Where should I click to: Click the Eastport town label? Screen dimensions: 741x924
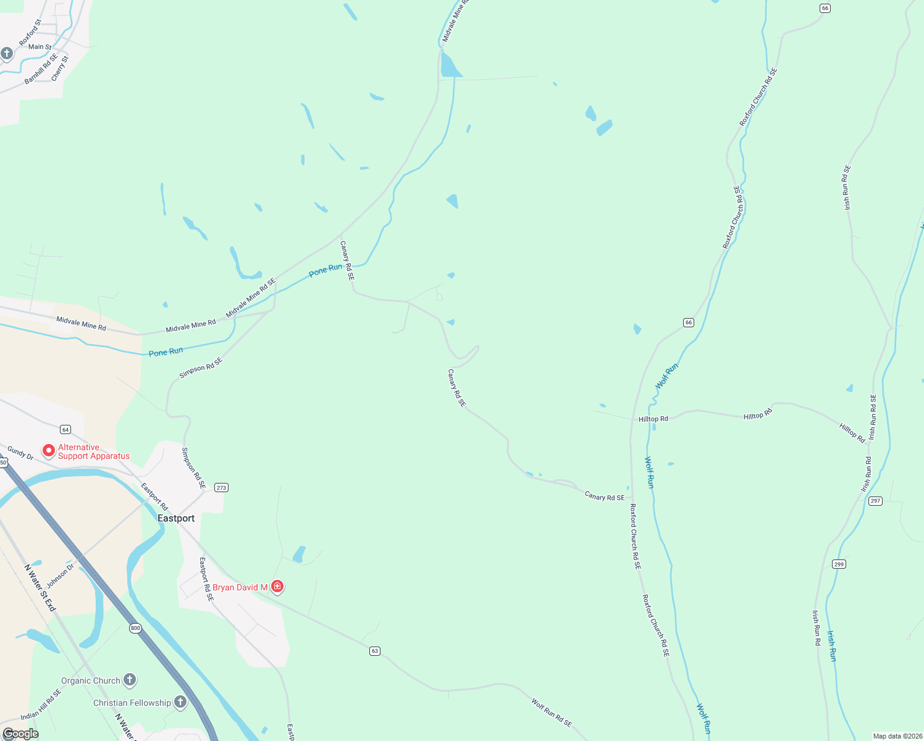[176, 518]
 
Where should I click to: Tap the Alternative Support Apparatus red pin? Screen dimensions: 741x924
[48, 451]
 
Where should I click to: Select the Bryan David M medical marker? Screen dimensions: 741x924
[277, 587]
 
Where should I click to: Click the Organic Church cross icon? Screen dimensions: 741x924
[129, 680]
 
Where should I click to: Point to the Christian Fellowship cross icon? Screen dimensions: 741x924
[180, 702]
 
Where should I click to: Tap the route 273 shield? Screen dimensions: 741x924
[221, 488]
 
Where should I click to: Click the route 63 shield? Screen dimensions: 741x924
[374, 651]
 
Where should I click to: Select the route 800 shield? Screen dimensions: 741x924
[135, 628]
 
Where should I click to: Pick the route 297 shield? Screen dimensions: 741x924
[875, 501]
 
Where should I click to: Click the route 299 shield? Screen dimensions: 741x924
[839, 564]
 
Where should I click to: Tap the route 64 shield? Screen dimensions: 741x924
[65, 429]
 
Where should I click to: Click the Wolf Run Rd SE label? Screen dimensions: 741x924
[552, 713]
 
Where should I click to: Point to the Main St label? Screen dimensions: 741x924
[40, 46]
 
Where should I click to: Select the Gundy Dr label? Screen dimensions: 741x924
[20, 453]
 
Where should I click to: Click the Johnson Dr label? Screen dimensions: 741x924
[60, 576]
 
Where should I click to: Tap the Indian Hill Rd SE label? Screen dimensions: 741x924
[41, 706]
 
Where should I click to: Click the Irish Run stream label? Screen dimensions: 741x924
[832, 646]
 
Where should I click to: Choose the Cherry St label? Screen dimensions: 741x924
[60, 69]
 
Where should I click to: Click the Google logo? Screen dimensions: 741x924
[20, 734]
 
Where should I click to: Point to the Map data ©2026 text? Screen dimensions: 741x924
[896, 736]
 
